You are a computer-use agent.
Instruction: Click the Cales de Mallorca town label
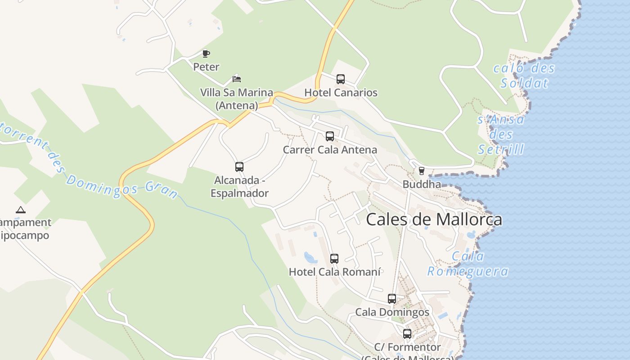pos(434,220)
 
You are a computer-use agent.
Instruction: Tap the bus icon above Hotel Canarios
pos(341,79)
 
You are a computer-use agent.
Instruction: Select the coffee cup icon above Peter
pos(206,54)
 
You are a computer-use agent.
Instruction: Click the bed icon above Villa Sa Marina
pos(237,79)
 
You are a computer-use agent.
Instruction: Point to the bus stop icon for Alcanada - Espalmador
pos(239,167)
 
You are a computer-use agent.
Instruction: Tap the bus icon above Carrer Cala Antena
pos(330,136)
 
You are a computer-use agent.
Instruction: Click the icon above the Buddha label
pos(422,171)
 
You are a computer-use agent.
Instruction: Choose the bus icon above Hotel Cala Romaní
pos(334,259)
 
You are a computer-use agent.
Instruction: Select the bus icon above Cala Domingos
pos(392,299)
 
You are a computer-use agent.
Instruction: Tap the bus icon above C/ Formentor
pos(407,334)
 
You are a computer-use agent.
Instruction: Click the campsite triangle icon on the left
pos(20,210)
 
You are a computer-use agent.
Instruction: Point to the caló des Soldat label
pos(524,76)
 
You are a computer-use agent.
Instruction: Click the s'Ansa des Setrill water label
pos(501,134)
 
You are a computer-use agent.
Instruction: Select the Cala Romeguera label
pos(468,264)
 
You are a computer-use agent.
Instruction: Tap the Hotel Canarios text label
pos(341,93)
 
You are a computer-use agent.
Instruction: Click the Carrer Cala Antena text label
pos(330,150)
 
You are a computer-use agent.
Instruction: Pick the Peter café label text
pos(206,67)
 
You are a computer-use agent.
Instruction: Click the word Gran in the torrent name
pos(162,190)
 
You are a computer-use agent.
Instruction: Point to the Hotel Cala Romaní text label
pos(335,272)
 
